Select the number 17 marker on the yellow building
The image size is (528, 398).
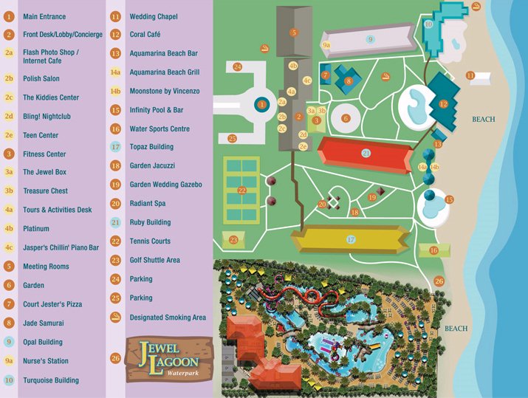[351, 239]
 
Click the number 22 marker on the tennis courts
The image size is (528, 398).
[242, 191]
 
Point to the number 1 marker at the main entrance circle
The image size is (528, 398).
[261, 105]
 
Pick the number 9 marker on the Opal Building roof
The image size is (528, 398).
[370, 38]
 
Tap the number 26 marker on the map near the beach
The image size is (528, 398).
[439, 281]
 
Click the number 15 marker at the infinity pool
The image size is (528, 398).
[448, 199]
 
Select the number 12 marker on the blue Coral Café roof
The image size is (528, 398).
[444, 104]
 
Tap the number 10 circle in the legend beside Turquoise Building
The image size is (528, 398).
[9, 380]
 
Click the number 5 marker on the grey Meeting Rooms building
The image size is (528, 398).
[294, 32]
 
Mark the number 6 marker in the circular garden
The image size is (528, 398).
[345, 118]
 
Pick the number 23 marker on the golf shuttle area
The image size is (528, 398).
[233, 240]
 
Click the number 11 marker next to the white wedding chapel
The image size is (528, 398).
[470, 75]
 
